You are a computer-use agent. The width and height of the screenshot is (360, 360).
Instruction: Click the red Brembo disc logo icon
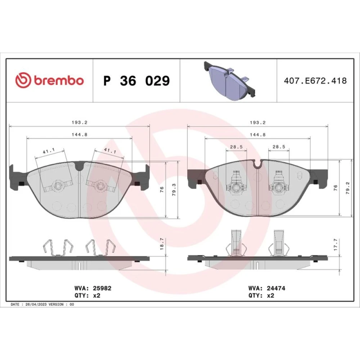click(x=23, y=80)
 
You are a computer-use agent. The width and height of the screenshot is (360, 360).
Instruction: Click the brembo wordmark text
click(x=59, y=80)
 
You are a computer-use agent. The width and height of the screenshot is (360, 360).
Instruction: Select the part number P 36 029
click(x=136, y=81)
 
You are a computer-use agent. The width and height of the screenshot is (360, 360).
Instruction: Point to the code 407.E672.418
click(x=315, y=81)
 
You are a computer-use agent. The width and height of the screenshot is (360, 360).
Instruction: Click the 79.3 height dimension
click(x=174, y=190)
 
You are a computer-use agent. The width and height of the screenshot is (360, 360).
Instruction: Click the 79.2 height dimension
click(x=348, y=188)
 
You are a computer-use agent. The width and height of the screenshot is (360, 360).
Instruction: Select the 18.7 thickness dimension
click(x=162, y=244)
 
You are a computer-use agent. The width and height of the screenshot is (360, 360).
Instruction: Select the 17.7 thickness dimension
click(x=336, y=244)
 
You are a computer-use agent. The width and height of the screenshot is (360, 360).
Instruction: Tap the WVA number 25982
click(x=102, y=288)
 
